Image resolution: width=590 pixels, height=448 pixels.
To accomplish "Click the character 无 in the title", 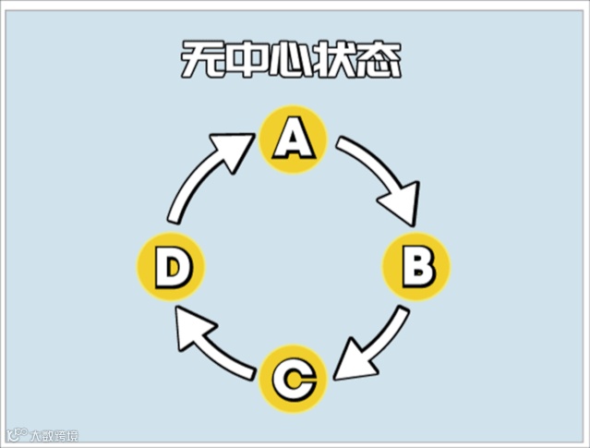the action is point(200,63).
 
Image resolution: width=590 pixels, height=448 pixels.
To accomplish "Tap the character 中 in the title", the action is point(247,63).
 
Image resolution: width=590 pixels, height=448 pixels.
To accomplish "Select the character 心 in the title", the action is point(292,63).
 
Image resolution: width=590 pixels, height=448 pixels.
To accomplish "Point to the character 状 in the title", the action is point(337,63).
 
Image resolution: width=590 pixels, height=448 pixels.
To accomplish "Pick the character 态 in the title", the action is point(381,63).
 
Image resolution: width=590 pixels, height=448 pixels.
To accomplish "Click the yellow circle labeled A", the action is point(293,139).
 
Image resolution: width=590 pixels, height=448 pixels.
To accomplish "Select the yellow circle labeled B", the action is point(416,267).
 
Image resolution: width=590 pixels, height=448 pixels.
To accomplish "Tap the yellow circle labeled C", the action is point(293,379).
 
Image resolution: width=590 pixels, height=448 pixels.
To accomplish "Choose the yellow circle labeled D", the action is point(171,267).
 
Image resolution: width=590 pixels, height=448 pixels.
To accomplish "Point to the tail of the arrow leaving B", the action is point(399,314).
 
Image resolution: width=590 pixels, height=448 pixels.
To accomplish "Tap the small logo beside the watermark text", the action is point(16,433).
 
